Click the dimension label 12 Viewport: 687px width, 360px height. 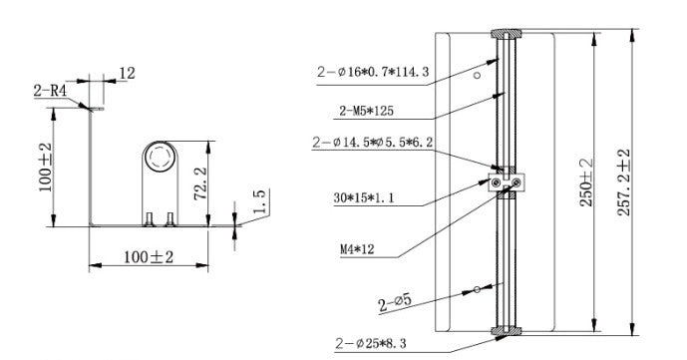click(x=127, y=73)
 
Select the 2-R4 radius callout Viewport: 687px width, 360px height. click(x=50, y=91)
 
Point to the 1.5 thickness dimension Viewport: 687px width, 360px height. click(x=259, y=201)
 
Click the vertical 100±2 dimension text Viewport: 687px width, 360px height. click(x=45, y=168)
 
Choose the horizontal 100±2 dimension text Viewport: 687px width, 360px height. click(x=149, y=257)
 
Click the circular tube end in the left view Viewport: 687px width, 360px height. click(x=160, y=157)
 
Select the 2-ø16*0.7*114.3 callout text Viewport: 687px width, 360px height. click(x=373, y=72)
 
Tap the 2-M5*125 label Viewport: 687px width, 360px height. click(x=366, y=111)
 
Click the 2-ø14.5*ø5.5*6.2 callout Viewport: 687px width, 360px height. click(x=373, y=143)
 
